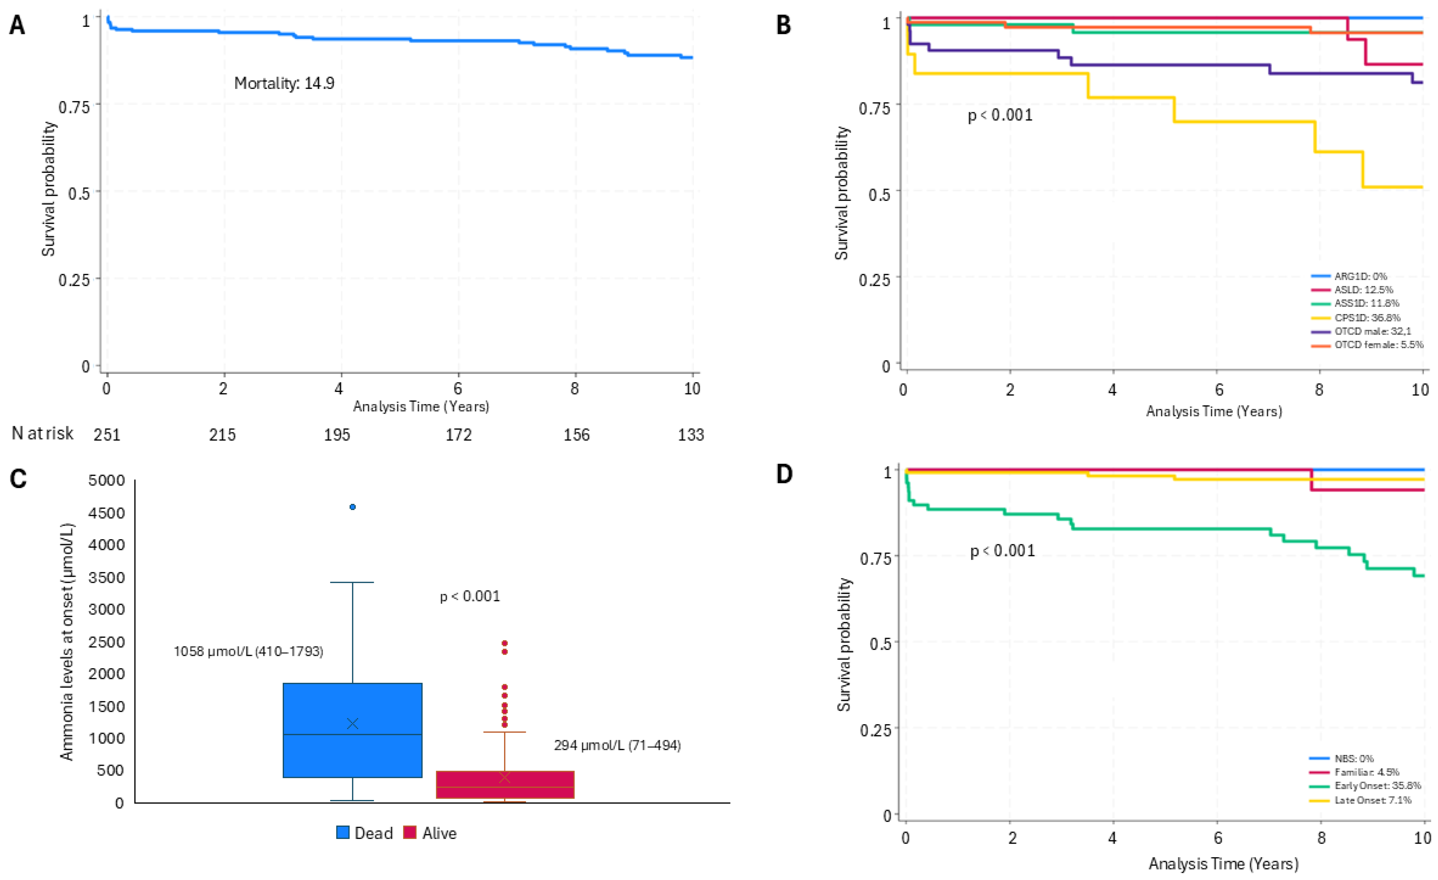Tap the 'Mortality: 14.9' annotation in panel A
pos(284,84)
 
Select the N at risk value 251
pos(107,435)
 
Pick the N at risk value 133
pos(691,435)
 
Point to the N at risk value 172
pos(459,435)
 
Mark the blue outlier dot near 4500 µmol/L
pos(352,507)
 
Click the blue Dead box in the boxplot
pos(352,730)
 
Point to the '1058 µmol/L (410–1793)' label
pos(248,651)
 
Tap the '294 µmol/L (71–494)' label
pos(617,746)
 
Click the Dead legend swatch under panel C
pos(343,833)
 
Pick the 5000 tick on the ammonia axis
pos(106,481)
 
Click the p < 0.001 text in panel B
pos(1000,115)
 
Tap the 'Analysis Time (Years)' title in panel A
pos(421,407)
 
